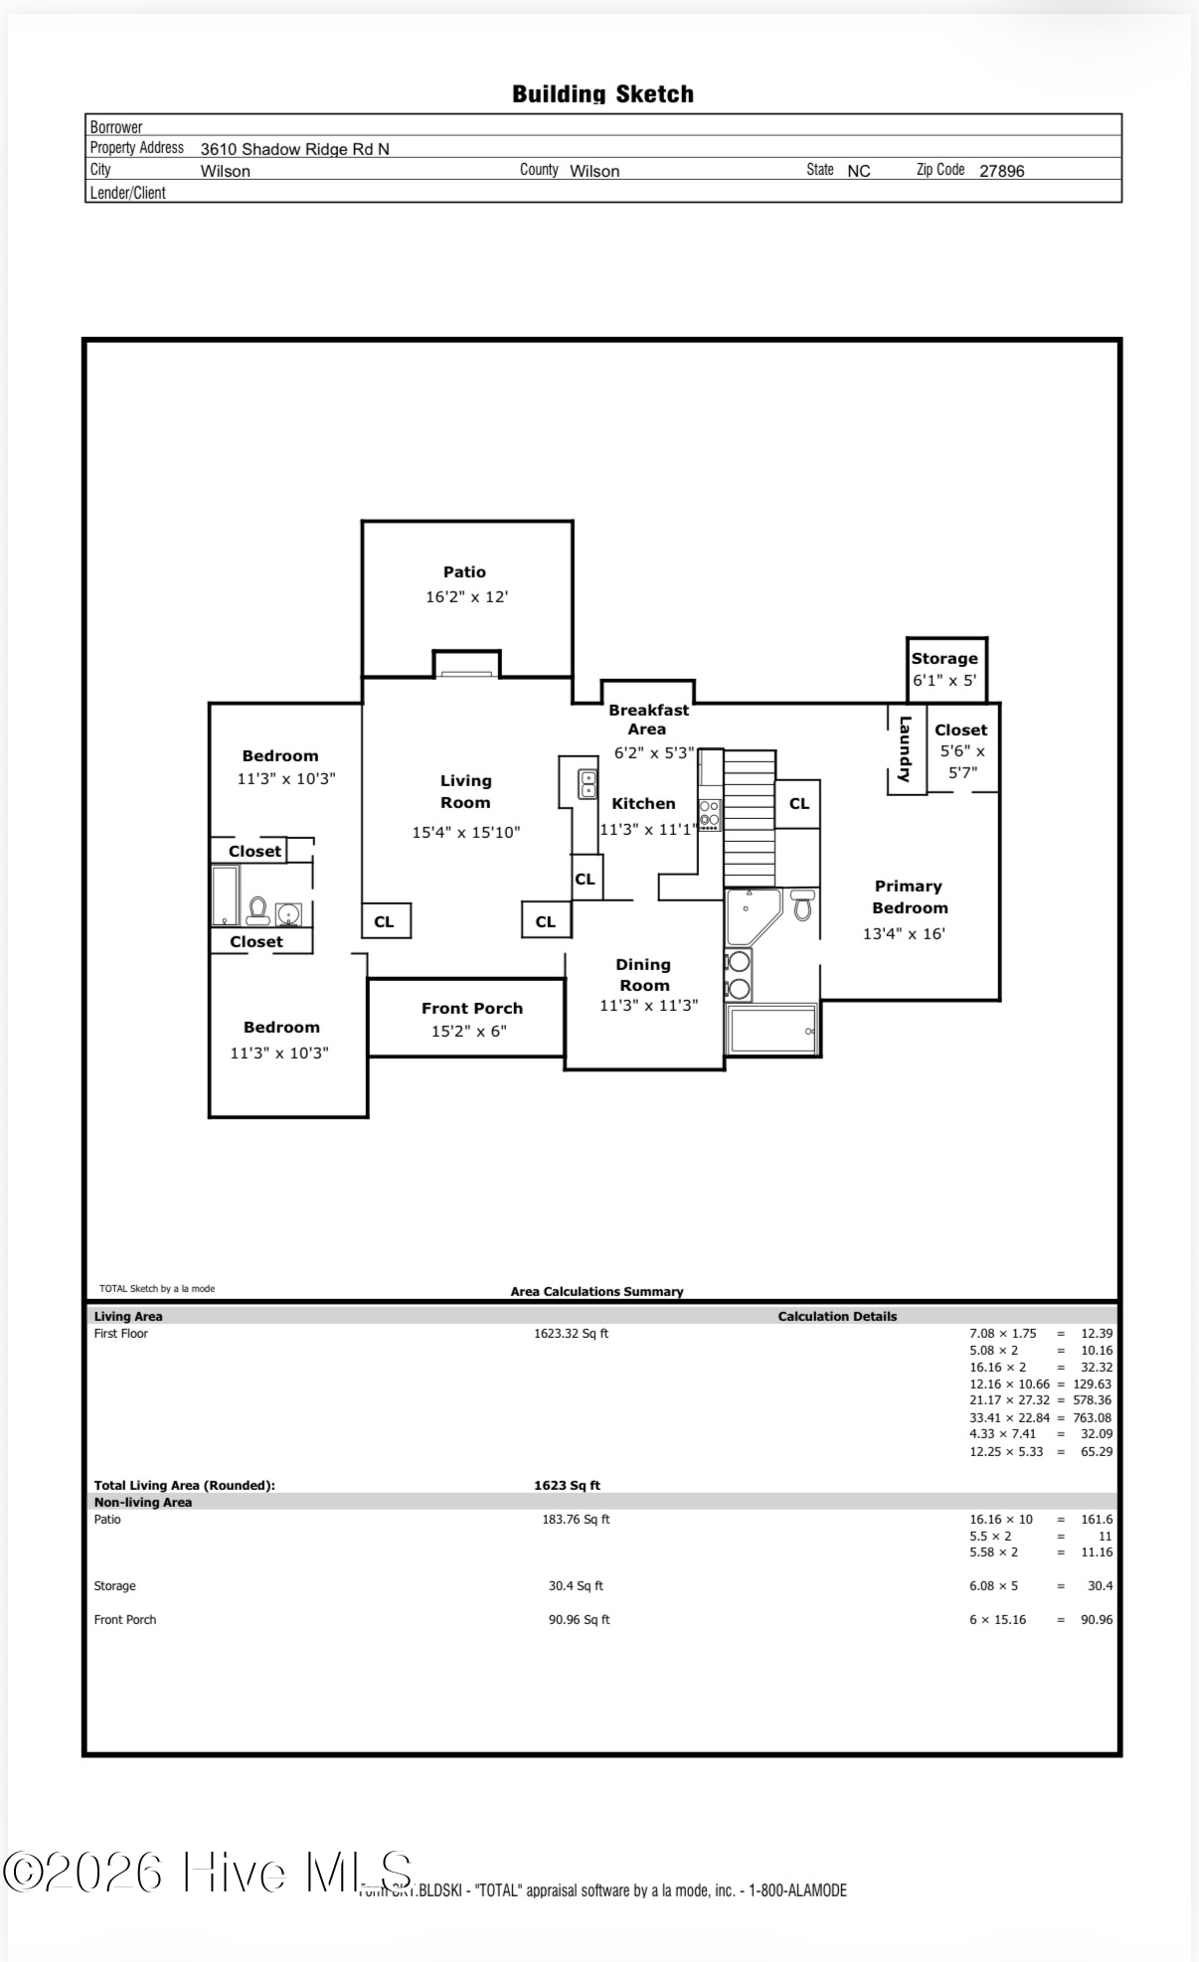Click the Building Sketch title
[602, 94]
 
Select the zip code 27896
[1001, 171]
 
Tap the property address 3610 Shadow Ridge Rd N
[294, 149]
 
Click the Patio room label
[464, 572]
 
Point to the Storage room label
[943, 658]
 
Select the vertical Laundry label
[905, 749]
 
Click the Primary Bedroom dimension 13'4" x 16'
[903, 933]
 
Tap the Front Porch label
[471, 1008]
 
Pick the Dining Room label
[643, 975]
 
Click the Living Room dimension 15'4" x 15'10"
[465, 832]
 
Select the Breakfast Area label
[648, 720]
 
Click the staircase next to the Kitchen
[749, 818]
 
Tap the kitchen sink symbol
[588, 784]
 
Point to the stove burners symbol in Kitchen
[709, 813]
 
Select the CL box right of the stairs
[798, 804]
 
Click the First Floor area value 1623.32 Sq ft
[571, 1334]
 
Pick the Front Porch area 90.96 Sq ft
[579, 1619]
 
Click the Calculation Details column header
[837, 1316]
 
